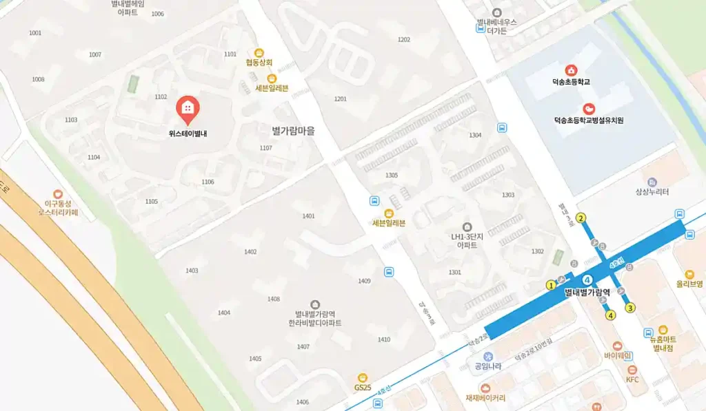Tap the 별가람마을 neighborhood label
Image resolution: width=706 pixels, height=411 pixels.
point(293,130)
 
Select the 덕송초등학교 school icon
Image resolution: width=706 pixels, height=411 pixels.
point(571,70)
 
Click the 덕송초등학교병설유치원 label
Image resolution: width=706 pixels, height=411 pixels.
point(589,120)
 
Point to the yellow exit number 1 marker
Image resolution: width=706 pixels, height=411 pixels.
point(550,285)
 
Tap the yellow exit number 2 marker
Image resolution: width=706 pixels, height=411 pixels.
point(581,219)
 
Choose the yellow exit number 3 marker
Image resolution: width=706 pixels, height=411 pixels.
point(630,308)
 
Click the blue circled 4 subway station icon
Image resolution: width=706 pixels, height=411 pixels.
point(587,280)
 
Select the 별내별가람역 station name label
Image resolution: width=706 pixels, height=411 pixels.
point(587,293)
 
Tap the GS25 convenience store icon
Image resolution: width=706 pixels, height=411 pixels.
point(363,377)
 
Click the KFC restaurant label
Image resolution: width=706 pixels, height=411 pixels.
point(632,379)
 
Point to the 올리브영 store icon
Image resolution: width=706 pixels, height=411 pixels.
point(689,274)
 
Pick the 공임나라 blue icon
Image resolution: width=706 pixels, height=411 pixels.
point(488,356)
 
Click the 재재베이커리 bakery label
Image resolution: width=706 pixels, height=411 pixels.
point(485,398)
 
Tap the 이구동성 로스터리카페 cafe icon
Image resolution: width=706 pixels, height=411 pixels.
point(58,195)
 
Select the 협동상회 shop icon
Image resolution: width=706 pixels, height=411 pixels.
point(259,52)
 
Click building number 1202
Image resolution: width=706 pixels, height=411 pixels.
point(404,39)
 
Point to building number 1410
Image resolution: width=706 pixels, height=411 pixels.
point(384,339)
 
